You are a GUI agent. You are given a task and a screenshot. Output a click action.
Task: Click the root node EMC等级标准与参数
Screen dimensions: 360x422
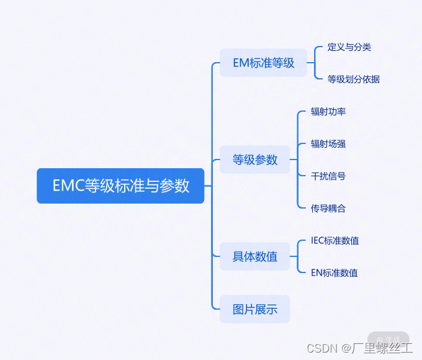pyautogui.click(x=120, y=186)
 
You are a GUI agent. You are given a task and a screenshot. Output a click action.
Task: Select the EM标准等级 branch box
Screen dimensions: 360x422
pyautogui.click(x=263, y=63)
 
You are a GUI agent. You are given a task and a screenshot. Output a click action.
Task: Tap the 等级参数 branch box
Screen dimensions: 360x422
pyautogui.click(x=255, y=160)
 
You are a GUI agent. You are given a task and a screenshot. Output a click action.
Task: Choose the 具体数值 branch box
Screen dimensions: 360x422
pyautogui.click(x=255, y=256)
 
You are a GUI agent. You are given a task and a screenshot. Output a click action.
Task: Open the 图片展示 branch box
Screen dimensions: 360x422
pyautogui.click(x=255, y=309)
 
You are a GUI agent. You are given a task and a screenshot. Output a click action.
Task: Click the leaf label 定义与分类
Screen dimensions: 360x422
pyautogui.click(x=349, y=47)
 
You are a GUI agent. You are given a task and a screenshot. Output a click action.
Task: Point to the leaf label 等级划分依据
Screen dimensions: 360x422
pyautogui.click(x=354, y=79)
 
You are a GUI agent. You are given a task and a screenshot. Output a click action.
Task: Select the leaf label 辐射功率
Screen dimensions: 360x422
pyautogui.click(x=328, y=111)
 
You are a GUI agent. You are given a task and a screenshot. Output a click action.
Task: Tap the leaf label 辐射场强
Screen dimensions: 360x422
pyautogui.click(x=328, y=143)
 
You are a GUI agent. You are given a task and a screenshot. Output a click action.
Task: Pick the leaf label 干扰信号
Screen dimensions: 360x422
pyautogui.click(x=328, y=176)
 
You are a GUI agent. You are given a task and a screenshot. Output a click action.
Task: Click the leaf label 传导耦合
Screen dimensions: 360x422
pyautogui.click(x=328, y=208)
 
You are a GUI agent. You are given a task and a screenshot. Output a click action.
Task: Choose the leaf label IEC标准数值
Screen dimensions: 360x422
pyautogui.click(x=335, y=240)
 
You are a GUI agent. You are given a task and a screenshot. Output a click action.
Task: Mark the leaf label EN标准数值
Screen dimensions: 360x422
pyautogui.click(x=334, y=272)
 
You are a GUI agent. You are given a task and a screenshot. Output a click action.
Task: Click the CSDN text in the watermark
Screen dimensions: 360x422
pyautogui.click(x=321, y=348)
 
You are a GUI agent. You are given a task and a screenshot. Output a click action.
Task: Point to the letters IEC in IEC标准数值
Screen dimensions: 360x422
pyautogui.click(x=318, y=240)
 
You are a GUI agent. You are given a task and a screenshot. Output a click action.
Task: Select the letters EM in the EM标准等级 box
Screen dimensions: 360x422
pyautogui.click(x=241, y=63)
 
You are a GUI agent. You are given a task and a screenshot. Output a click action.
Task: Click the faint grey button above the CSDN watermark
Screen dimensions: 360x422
pyautogui.click(x=388, y=339)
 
